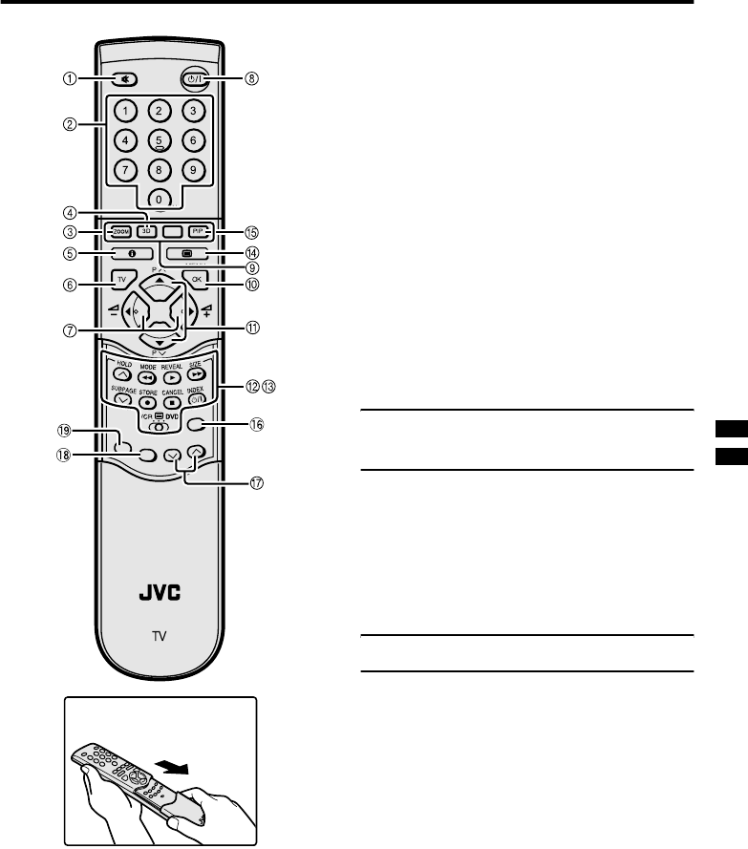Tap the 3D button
[x=146, y=232]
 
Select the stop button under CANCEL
[x=172, y=402]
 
